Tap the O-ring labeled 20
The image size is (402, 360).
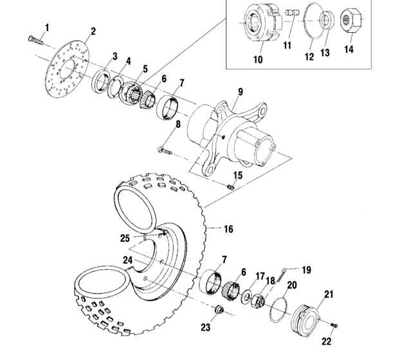click(x=277, y=306)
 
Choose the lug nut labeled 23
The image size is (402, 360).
click(x=218, y=312)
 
